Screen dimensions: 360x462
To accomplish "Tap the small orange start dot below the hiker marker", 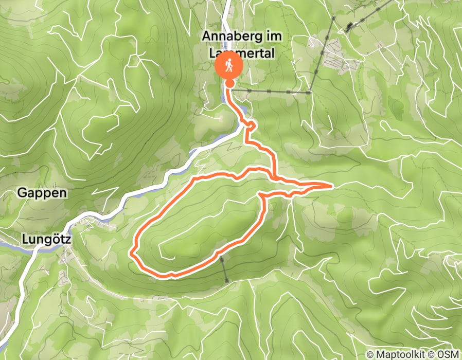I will click(x=229, y=83).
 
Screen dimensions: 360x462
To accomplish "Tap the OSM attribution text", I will click(x=450, y=355).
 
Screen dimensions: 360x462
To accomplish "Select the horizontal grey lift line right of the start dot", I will click(x=270, y=92).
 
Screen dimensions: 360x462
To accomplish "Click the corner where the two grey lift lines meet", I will click(x=311, y=93).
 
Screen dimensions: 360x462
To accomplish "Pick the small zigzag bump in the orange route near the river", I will click(x=251, y=125).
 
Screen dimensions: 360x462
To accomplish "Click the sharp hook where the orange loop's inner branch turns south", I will click(x=261, y=195).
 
